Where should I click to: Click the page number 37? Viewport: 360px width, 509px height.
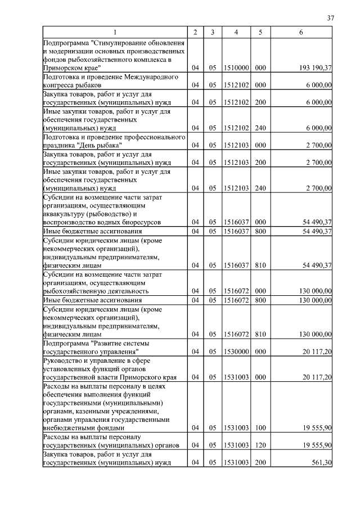(331, 18)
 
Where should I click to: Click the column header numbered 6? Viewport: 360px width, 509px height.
(301, 33)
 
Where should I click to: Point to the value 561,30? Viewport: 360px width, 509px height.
(321, 463)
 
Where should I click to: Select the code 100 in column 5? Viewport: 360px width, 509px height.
(260, 428)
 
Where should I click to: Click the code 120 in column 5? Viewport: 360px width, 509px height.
(260, 445)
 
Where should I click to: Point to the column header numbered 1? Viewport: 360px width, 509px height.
(115, 33)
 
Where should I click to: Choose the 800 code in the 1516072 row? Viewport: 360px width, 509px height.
(260, 300)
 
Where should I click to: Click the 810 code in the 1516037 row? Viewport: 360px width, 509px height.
(260, 265)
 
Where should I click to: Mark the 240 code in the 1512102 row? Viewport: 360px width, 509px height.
(260, 127)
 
